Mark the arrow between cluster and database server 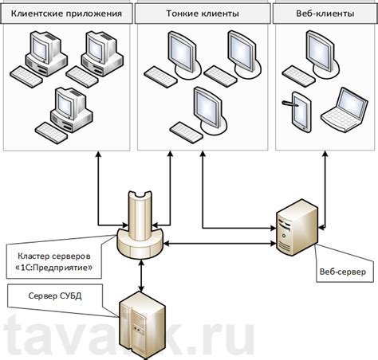pyautogui.click(x=141, y=276)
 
